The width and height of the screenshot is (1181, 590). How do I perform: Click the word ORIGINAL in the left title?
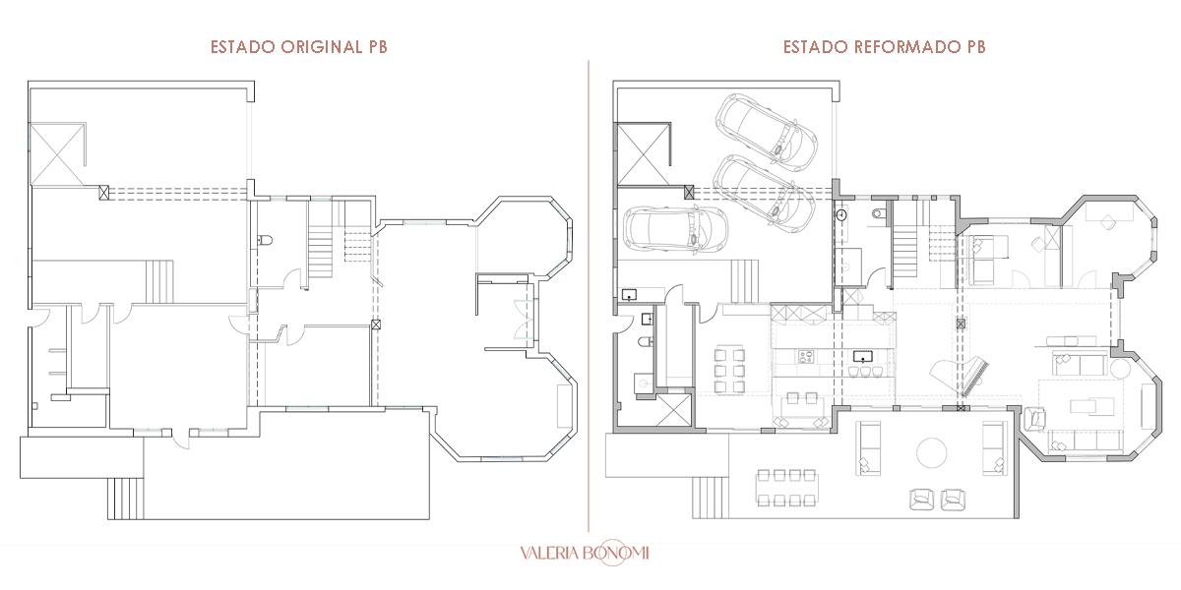321,47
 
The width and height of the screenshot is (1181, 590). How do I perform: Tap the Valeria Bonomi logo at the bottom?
585,553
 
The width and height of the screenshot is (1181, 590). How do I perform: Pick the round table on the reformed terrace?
932,452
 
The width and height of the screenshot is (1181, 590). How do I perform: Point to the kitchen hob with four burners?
806,357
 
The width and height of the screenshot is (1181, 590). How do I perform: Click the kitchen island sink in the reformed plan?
862,356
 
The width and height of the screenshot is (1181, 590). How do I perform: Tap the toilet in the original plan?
265,241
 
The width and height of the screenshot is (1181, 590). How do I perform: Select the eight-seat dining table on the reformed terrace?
787,489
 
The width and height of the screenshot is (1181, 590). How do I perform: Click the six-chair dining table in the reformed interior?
729,371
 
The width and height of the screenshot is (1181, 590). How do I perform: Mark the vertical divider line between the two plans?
589,296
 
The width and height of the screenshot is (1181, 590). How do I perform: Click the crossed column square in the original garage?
104,193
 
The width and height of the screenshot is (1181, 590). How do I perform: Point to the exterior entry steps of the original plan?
126,499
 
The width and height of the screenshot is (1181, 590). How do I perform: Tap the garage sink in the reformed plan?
629,294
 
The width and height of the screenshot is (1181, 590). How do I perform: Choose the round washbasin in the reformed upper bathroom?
841,215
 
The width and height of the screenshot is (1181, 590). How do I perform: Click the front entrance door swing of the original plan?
181,440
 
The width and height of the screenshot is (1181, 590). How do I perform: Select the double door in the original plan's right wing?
524,320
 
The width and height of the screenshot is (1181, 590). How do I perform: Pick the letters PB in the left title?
378,47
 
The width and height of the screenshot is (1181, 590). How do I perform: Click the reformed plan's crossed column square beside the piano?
961,324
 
